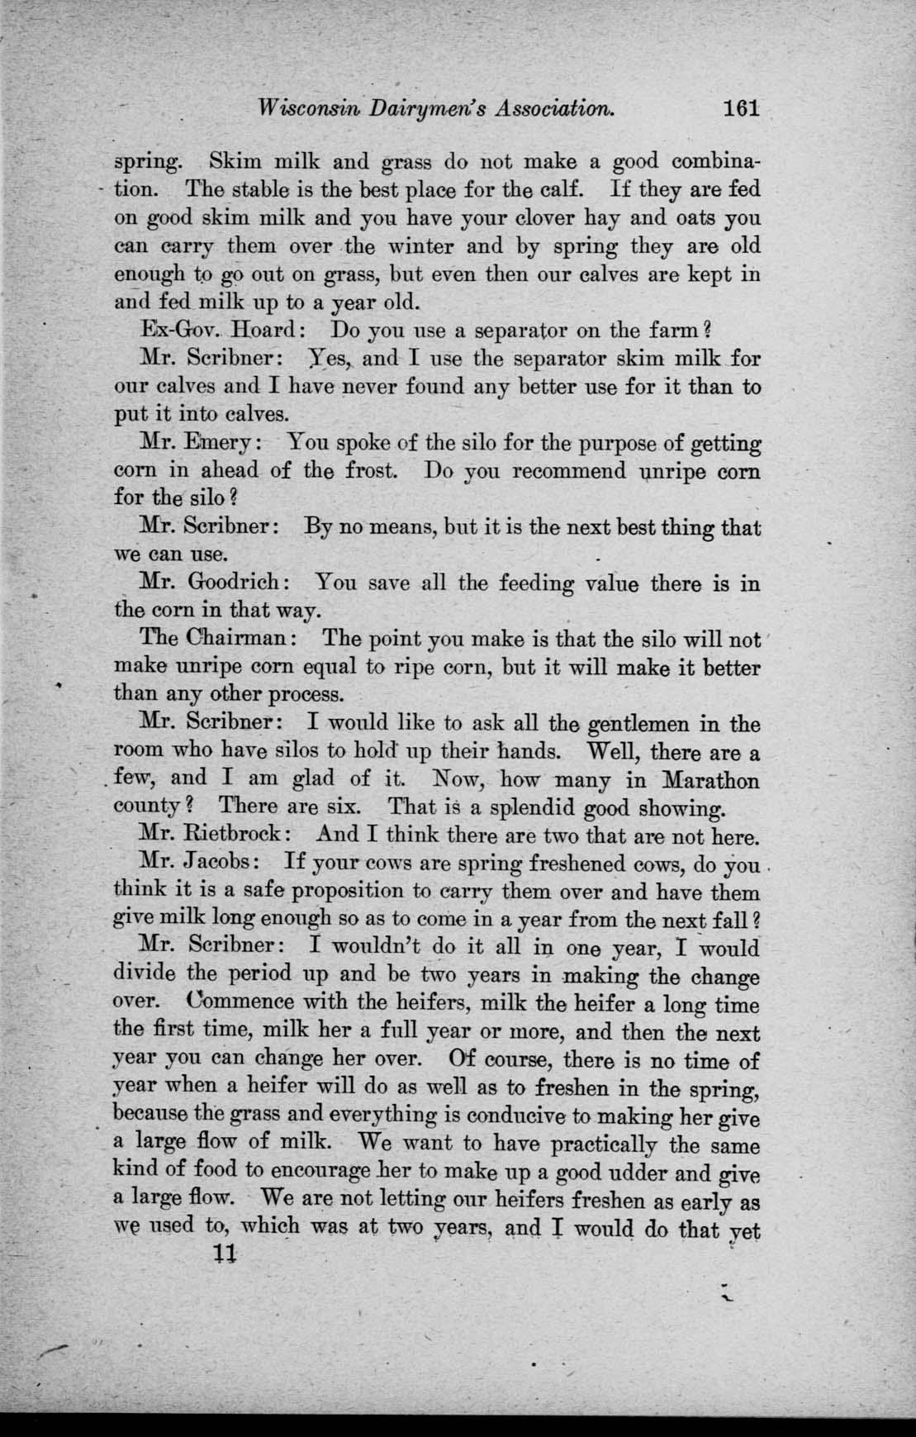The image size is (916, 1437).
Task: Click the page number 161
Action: pos(738,108)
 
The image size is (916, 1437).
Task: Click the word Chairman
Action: pos(251,639)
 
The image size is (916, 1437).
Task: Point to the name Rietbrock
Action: pos(238,835)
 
